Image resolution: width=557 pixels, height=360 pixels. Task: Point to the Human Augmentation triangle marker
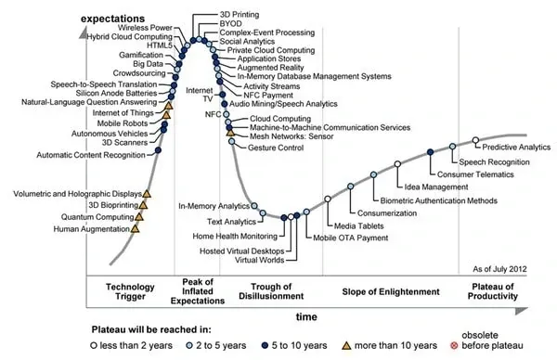click(136, 227)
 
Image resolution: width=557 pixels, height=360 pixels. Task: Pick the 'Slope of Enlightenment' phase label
click(390, 291)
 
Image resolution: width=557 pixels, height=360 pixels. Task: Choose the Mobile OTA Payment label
click(350, 238)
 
